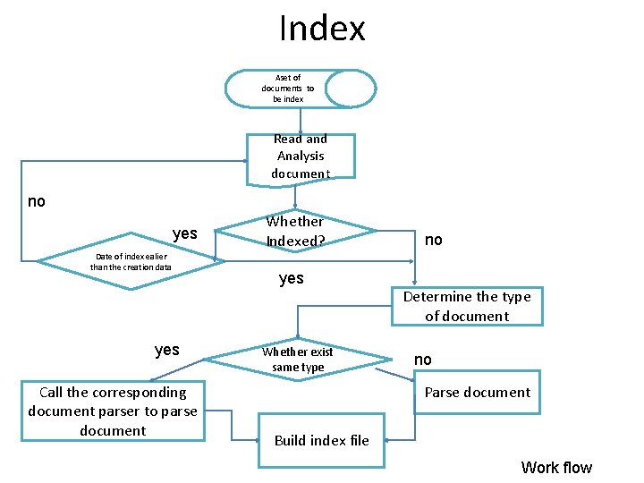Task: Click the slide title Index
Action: coord(322,29)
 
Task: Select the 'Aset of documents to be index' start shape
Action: coord(287,89)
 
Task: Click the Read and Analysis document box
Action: coord(301,157)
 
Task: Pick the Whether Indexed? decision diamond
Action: coord(295,232)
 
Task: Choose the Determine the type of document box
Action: coord(466,307)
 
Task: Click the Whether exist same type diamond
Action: coord(298,360)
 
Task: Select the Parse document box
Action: coord(477,393)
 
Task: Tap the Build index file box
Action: coord(321,440)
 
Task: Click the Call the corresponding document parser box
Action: coord(113,411)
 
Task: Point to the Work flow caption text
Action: coord(555,467)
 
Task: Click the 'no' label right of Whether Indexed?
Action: coord(433,240)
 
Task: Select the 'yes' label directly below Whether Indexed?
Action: coord(291,279)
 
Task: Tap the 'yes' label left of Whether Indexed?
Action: coord(184,233)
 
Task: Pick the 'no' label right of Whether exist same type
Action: coord(422,360)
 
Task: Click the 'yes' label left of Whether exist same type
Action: coord(166,350)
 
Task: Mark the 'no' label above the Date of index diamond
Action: coord(36,201)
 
